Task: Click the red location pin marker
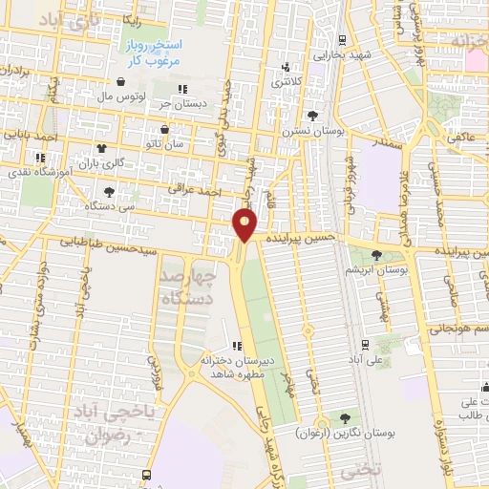point(245,225)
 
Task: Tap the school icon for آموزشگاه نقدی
point(40,159)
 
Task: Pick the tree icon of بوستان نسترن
point(312,115)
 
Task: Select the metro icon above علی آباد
point(365,345)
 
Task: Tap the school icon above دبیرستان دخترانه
point(237,347)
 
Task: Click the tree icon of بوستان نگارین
point(345,417)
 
